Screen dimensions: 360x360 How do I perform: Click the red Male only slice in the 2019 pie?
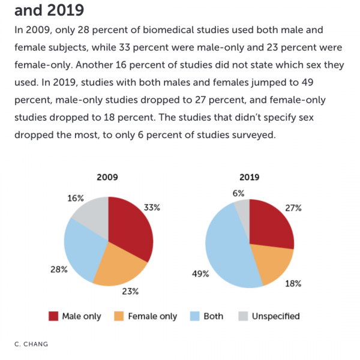click(270, 224)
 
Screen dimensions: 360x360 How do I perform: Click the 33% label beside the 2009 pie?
click(152, 207)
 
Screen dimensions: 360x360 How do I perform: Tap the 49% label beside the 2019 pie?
click(200, 274)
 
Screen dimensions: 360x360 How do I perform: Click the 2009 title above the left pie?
click(107, 177)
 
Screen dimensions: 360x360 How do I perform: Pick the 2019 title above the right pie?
click(249, 177)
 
